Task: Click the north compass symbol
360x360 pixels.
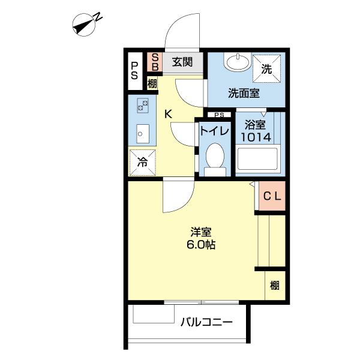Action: [84, 25]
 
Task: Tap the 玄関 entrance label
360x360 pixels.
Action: [182, 62]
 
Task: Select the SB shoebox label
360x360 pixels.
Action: [155, 62]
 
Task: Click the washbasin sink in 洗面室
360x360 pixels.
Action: [238, 61]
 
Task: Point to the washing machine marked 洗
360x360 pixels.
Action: [266, 68]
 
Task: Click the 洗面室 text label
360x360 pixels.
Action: [244, 93]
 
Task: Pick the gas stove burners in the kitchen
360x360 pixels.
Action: [143, 106]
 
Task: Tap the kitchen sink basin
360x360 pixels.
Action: [143, 134]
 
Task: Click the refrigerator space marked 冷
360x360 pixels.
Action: [142, 163]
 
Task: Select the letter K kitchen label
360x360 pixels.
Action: [168, 114]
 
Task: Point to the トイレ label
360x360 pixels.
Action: [215, 131]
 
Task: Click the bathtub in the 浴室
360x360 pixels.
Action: [257, 159]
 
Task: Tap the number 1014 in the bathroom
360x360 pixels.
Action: [256, 137]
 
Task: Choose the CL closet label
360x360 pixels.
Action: [272, 196]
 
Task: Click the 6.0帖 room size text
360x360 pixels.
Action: [200, 245]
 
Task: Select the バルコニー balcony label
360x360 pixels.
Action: [206, 322]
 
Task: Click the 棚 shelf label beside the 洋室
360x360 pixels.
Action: [275, 286]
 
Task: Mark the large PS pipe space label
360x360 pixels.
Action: [134, 71]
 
